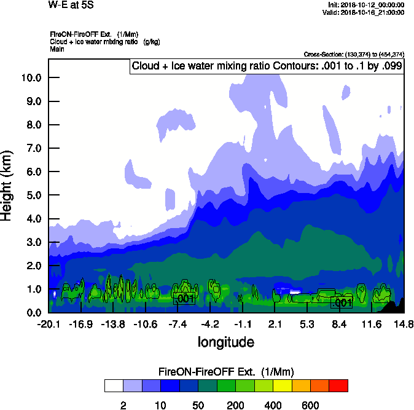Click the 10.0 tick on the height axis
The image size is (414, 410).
pos(31,77)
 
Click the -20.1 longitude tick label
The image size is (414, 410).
pos(48,324)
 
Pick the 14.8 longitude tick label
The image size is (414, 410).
pos(404,324)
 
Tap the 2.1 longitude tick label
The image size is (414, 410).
pos(275,324)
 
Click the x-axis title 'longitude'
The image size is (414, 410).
pos(225,341)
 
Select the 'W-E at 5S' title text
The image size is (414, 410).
pos(71,6)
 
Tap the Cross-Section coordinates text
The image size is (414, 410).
pos(354,54)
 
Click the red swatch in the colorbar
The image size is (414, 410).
pos(338,385)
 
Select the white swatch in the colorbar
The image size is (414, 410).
pos(114,385)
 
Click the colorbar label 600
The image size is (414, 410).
pos(310,406)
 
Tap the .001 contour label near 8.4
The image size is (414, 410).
pos(342,302)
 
